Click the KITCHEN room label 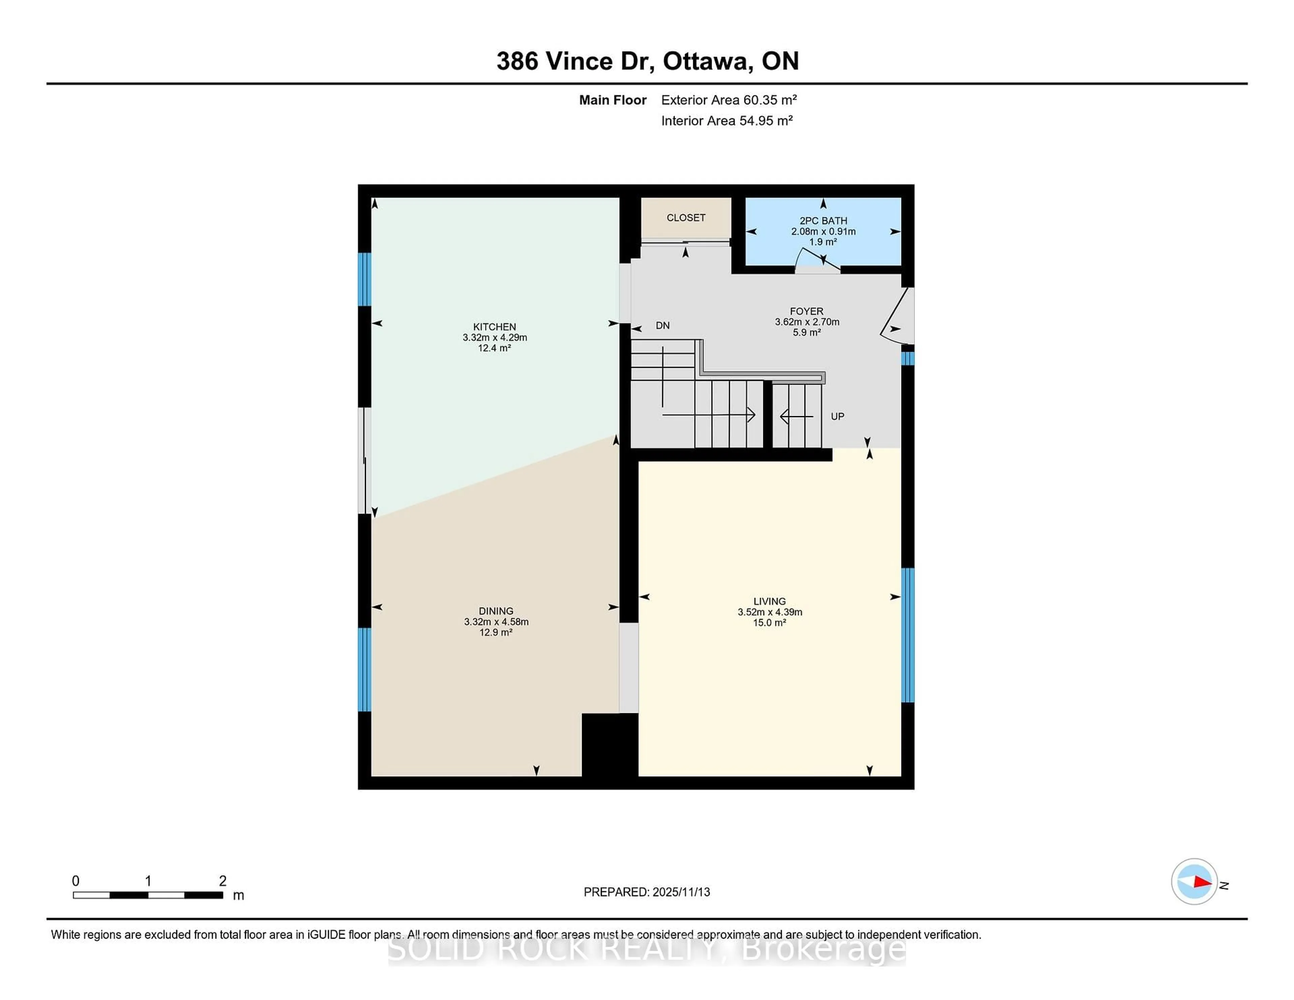point(494,326)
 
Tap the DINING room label point(496,611)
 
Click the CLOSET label point(685,217)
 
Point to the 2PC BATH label point(823,220)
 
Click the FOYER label point(806,311)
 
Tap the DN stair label point(663,325)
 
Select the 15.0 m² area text point(769,623)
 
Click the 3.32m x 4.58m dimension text point(496,621)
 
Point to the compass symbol point(1194,881)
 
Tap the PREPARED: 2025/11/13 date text point(646,892)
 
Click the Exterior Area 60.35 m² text point(729,99)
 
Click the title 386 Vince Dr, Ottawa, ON point(647,61)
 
